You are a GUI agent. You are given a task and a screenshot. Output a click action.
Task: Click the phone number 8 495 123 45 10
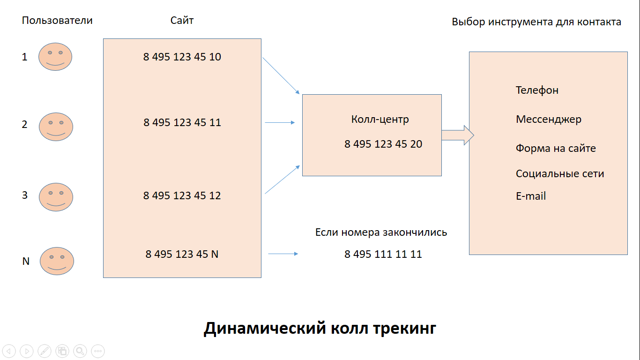point(182,57)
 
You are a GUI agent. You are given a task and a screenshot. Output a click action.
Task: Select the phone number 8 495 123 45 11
point(182,123)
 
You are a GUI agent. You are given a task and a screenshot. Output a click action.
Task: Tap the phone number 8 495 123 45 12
point(182,195)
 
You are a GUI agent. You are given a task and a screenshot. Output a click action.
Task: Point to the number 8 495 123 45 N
point(182,254)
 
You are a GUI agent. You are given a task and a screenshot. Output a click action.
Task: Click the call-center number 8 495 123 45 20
point(383,144)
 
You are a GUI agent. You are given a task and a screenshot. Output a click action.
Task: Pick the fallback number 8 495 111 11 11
point(383,254)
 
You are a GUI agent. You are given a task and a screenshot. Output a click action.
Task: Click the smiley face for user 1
point(55,57)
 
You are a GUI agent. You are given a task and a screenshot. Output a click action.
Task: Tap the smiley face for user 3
point(56,197)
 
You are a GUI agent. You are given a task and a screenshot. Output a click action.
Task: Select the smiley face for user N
point(57,261)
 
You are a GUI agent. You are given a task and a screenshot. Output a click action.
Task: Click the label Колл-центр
point(380,120)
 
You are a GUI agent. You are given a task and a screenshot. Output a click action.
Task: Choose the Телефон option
point(537,90)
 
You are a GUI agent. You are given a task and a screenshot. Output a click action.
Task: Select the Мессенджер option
point(548,120)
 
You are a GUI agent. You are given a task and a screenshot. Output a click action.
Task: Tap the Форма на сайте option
point(556,149)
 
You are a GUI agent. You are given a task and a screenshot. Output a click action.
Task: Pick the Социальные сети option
point(560,174)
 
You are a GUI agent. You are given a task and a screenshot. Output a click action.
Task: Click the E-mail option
point(531,196)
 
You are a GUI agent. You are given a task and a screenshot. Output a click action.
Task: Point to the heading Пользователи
point(57,21)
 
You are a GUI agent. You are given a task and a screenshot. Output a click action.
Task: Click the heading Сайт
point(182,21)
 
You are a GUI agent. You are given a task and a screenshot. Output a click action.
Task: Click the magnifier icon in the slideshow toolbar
point(80,351)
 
